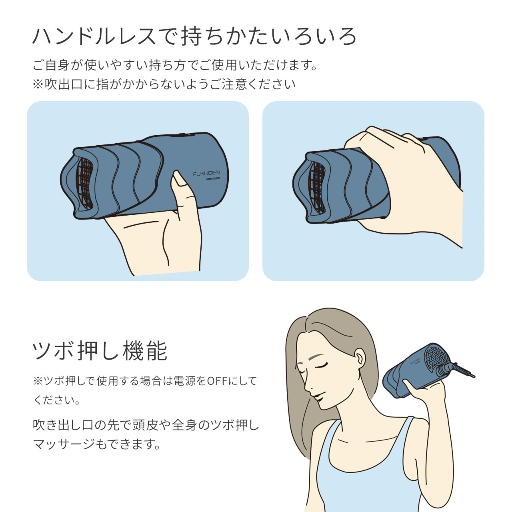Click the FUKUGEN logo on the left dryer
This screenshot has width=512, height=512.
(x=206, y=174)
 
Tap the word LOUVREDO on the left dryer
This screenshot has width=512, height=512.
(x=210, y=180)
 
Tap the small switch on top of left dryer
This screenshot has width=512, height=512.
(x=181, y=135)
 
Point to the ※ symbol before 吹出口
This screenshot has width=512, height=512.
(x=38, y=84)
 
